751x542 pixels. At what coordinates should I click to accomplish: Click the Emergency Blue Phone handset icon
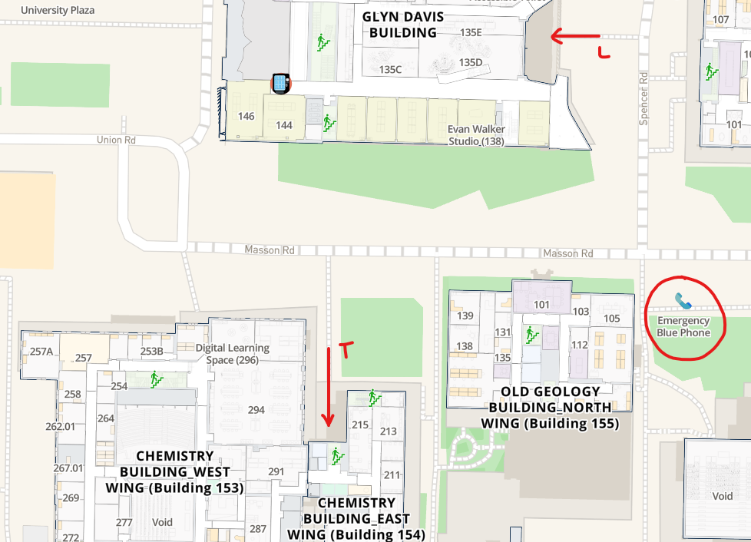click(683, 300)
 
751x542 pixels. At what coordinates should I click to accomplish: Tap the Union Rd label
click(116, 140)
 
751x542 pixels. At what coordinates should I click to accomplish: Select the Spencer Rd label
click(644, 99)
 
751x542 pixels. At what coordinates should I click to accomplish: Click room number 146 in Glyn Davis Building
click(246, 117)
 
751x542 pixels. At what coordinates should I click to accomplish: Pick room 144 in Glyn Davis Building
click(284, 125)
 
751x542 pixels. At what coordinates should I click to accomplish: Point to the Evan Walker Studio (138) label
click(476, 136)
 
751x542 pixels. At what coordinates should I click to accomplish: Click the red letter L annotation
click(604, 52)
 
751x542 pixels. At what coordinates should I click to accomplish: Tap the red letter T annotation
click(346, 349)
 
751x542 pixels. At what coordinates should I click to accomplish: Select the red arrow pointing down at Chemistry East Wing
click(329, 387)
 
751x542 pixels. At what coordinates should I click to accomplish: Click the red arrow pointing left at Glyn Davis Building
click(575, 36)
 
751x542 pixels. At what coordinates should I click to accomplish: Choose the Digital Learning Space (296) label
click(233, 354)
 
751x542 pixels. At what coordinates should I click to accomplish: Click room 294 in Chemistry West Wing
click(256, 410)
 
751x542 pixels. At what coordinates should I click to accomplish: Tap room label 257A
click(41, 352)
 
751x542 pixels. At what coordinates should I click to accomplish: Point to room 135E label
click(470, 33)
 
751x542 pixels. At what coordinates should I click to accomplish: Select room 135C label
click(390, 69)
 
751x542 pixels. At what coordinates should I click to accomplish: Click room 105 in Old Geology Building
click(611, 319)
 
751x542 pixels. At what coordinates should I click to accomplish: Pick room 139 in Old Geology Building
click(465, 316)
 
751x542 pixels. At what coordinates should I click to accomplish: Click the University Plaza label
click(58, 11)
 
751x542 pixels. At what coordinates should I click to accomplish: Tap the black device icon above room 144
click(281, 82)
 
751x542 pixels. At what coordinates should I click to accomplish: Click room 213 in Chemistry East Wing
click(388, 431)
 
